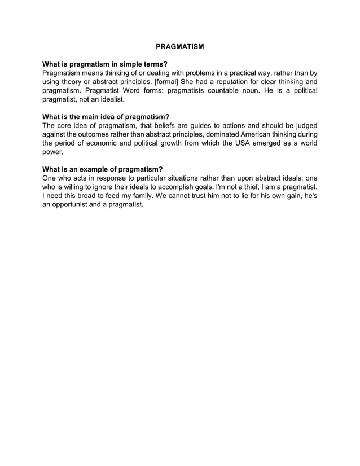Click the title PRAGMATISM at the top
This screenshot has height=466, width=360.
click(x=179, y=46)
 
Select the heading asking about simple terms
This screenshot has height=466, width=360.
click(x=105, y=64)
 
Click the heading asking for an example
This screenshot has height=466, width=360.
click(x=103, y=169)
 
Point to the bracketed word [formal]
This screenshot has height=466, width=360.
click(x=163, y=82)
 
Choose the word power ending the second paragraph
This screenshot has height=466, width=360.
click(x=53, y=152)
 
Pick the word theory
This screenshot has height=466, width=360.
click(x=74, y=82)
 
